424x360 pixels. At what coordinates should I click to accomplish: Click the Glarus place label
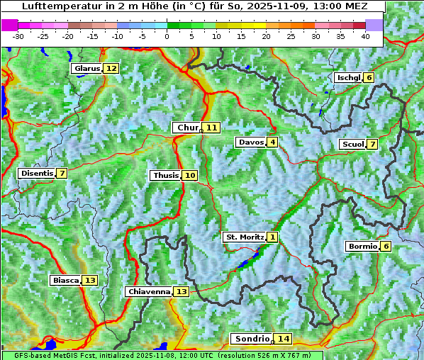click(87, 68)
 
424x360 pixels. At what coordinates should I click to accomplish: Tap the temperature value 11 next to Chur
click(212, 128)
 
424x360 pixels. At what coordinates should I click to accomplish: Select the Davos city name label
click(251, 142)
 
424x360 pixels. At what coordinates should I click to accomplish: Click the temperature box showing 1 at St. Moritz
click(273, 237)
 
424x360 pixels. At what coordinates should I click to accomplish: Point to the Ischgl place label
click(348, 77)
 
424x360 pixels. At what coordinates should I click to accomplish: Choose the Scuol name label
click(352, 144)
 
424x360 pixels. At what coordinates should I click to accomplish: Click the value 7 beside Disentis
click(62, 173)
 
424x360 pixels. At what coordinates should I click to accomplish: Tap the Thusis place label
click(165, 175)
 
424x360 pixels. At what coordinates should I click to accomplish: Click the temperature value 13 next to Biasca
click(89, 280)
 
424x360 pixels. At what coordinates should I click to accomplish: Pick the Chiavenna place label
click(149, 291)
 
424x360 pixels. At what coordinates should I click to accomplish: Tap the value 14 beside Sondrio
click(284, 339)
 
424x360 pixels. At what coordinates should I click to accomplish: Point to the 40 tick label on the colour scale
click(365, 36)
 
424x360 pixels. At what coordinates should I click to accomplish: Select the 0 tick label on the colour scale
click(167, 36)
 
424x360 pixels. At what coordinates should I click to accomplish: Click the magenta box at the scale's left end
click(10, 25)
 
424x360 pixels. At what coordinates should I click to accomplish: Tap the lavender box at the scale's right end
click(374, 25)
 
